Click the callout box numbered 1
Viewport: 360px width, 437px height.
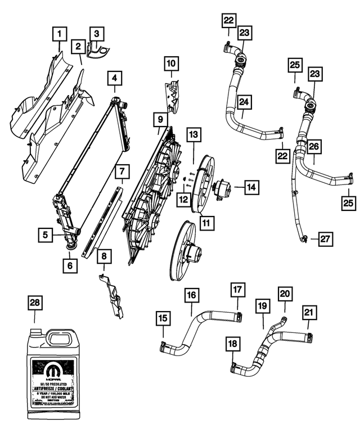coord(57,35)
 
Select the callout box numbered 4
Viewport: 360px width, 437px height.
coord(115,77)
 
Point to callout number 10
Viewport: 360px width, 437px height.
coord(172,64)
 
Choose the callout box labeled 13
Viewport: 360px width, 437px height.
coord(193,134)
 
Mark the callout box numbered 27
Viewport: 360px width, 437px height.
coord(325,239)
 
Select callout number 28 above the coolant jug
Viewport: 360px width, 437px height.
coord(35,303)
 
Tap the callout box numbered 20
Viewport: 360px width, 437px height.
coord(285,293)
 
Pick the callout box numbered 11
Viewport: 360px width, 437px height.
coord(206,223)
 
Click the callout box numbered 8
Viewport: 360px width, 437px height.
coord(104,257)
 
